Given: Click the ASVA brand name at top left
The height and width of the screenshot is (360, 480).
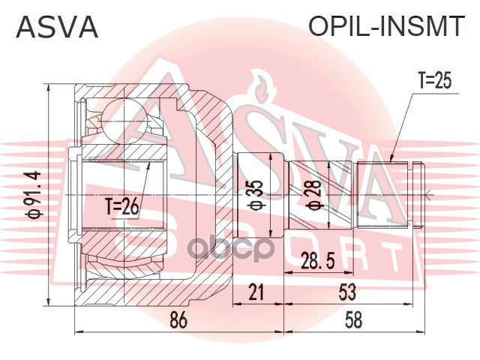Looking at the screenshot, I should (x=57, y=28).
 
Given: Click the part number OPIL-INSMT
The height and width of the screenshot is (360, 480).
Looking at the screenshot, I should (x=387, y=28).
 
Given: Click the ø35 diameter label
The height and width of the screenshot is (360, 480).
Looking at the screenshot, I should (x=255, y=193).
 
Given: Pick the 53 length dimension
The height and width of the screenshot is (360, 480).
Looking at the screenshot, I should (x=346, y=291).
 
